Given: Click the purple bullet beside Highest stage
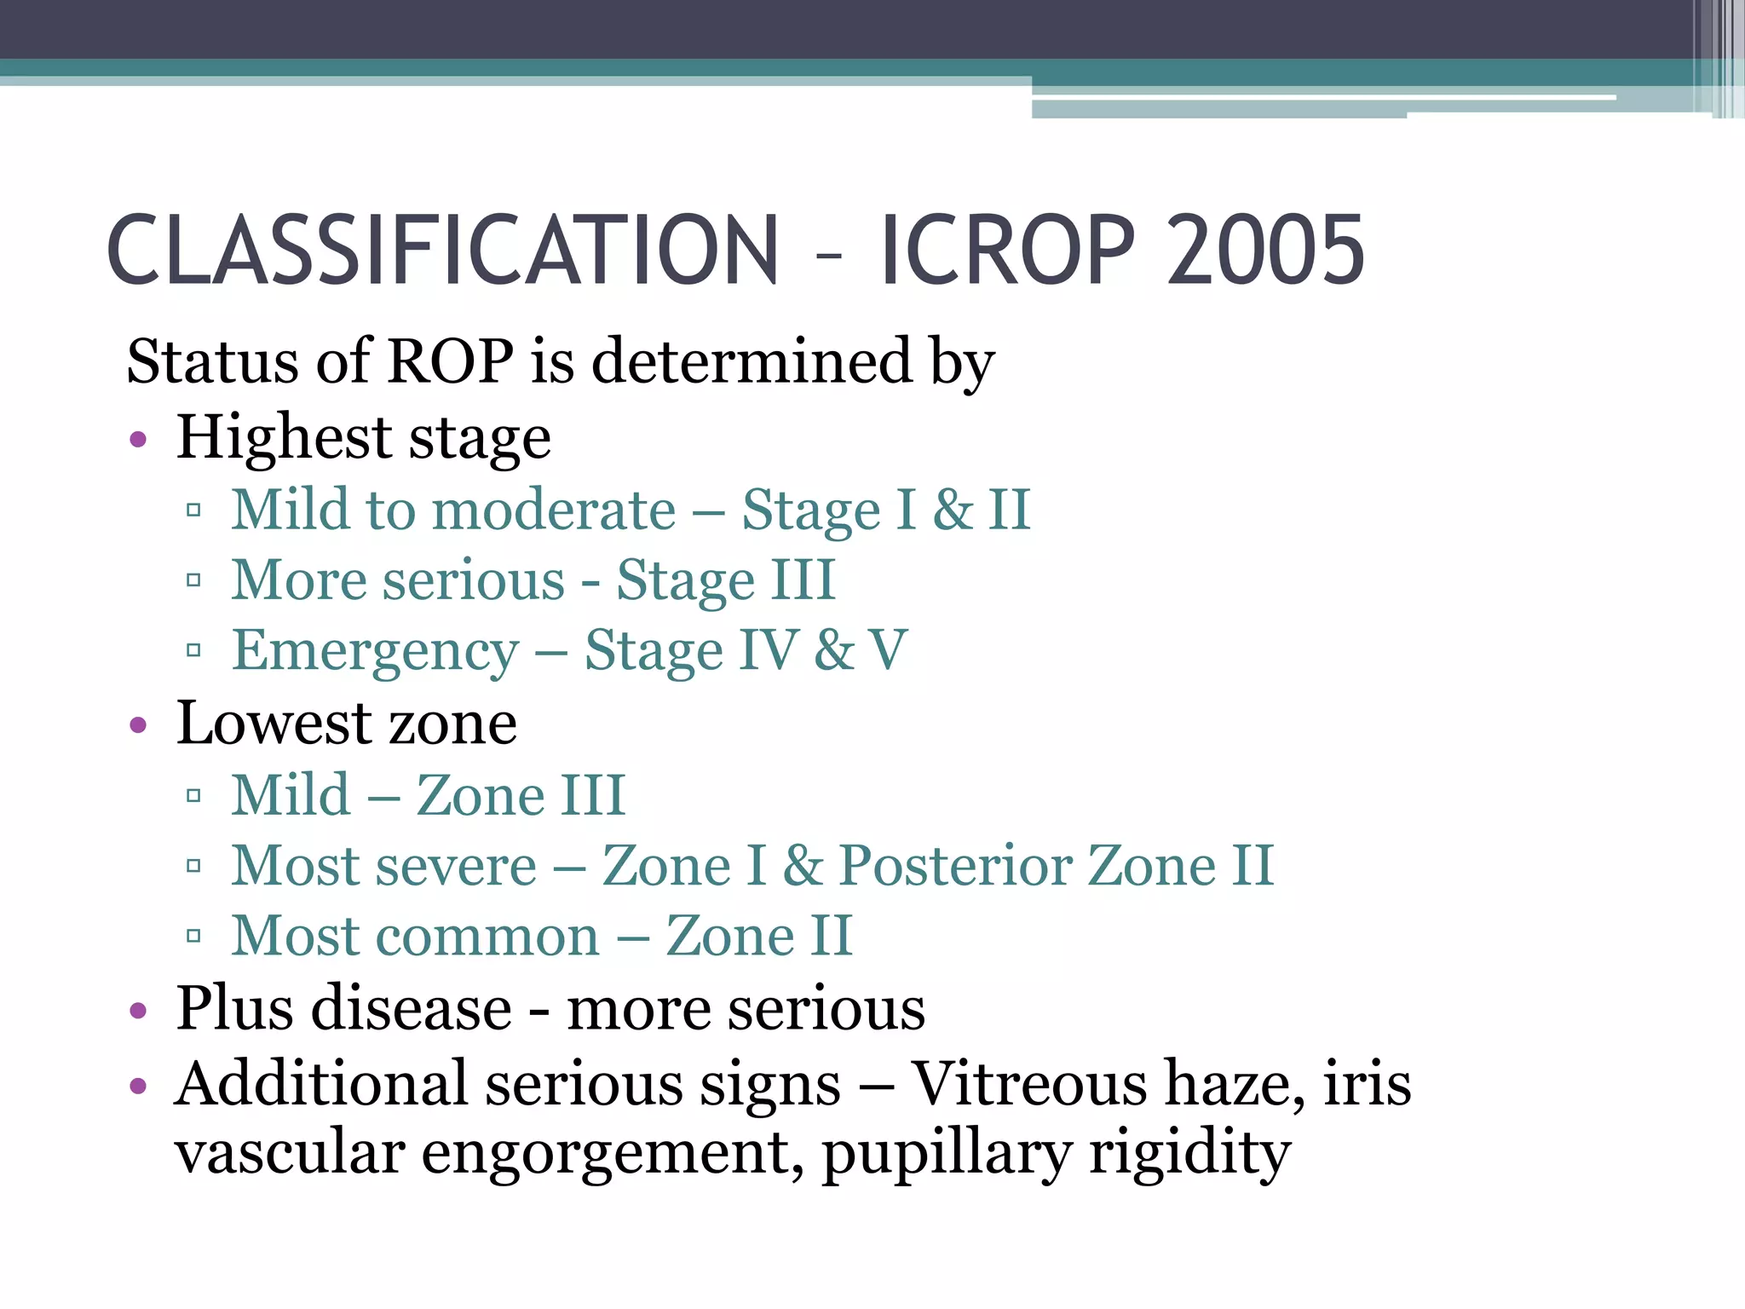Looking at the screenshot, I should click(x=138, y=441).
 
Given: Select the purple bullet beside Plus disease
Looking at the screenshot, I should click(x=138, y=1012).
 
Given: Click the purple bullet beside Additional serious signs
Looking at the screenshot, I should click(x=138, y=1086).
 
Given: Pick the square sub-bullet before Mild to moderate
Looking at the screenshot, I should click(x=193, y=510).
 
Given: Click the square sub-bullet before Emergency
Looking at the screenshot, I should click(x=193, y=651).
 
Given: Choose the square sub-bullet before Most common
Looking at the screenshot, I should click(x=193, y=937).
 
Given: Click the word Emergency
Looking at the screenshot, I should click(x=376, y=652).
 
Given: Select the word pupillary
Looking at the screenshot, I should click(x=947, y=1155).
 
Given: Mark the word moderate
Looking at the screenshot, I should click(x=555, y=510).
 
